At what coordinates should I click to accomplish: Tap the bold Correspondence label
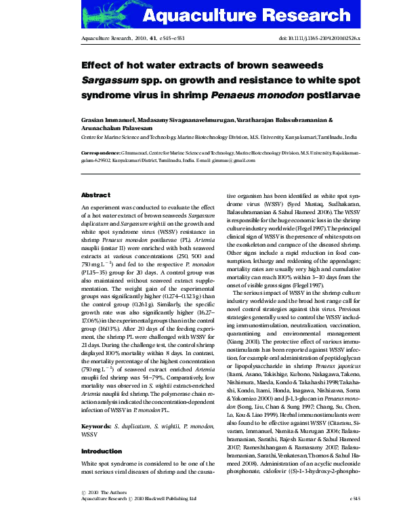click(x=102, y=153)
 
